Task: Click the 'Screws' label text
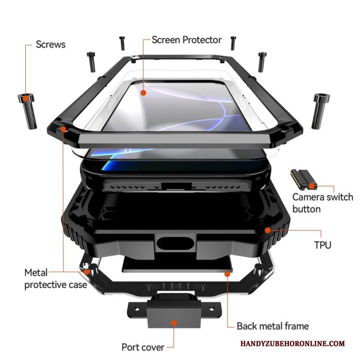coord(50,44)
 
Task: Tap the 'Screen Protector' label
coord(186,40)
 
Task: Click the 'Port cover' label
coord(142,347)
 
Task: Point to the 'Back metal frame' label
coord(273,326)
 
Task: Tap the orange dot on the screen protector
coord(143,93)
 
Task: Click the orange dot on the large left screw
coord(26,98)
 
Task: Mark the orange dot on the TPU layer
coord(267,230)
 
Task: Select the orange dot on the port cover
coord(173,324)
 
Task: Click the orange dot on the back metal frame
coord(228,273)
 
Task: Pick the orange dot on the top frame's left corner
coord(63,130)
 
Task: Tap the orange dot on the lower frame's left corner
coord(86,272)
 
